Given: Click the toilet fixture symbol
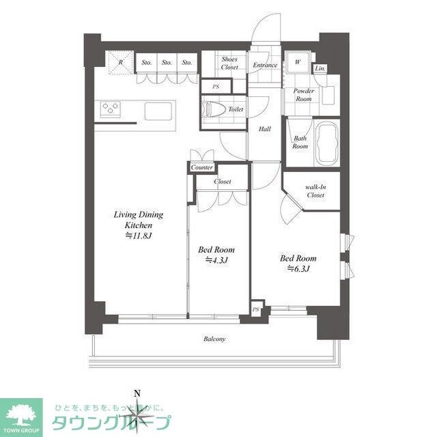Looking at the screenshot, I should [213, 109].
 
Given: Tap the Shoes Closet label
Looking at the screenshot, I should [229, 63].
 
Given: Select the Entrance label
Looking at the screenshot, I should [264, 66].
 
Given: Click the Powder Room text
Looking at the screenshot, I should [303, 95].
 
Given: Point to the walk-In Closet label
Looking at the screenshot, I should [315, 191].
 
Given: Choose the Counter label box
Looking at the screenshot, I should [202, 167].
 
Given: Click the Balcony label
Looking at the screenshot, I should [214, 339].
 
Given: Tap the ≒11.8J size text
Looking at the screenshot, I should [139, 236].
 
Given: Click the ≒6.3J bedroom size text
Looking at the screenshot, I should [299, 269].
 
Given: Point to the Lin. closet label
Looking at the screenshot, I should [320, 69].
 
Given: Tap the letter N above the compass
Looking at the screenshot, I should [137, 393].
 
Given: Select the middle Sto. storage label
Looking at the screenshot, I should [167, 64].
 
